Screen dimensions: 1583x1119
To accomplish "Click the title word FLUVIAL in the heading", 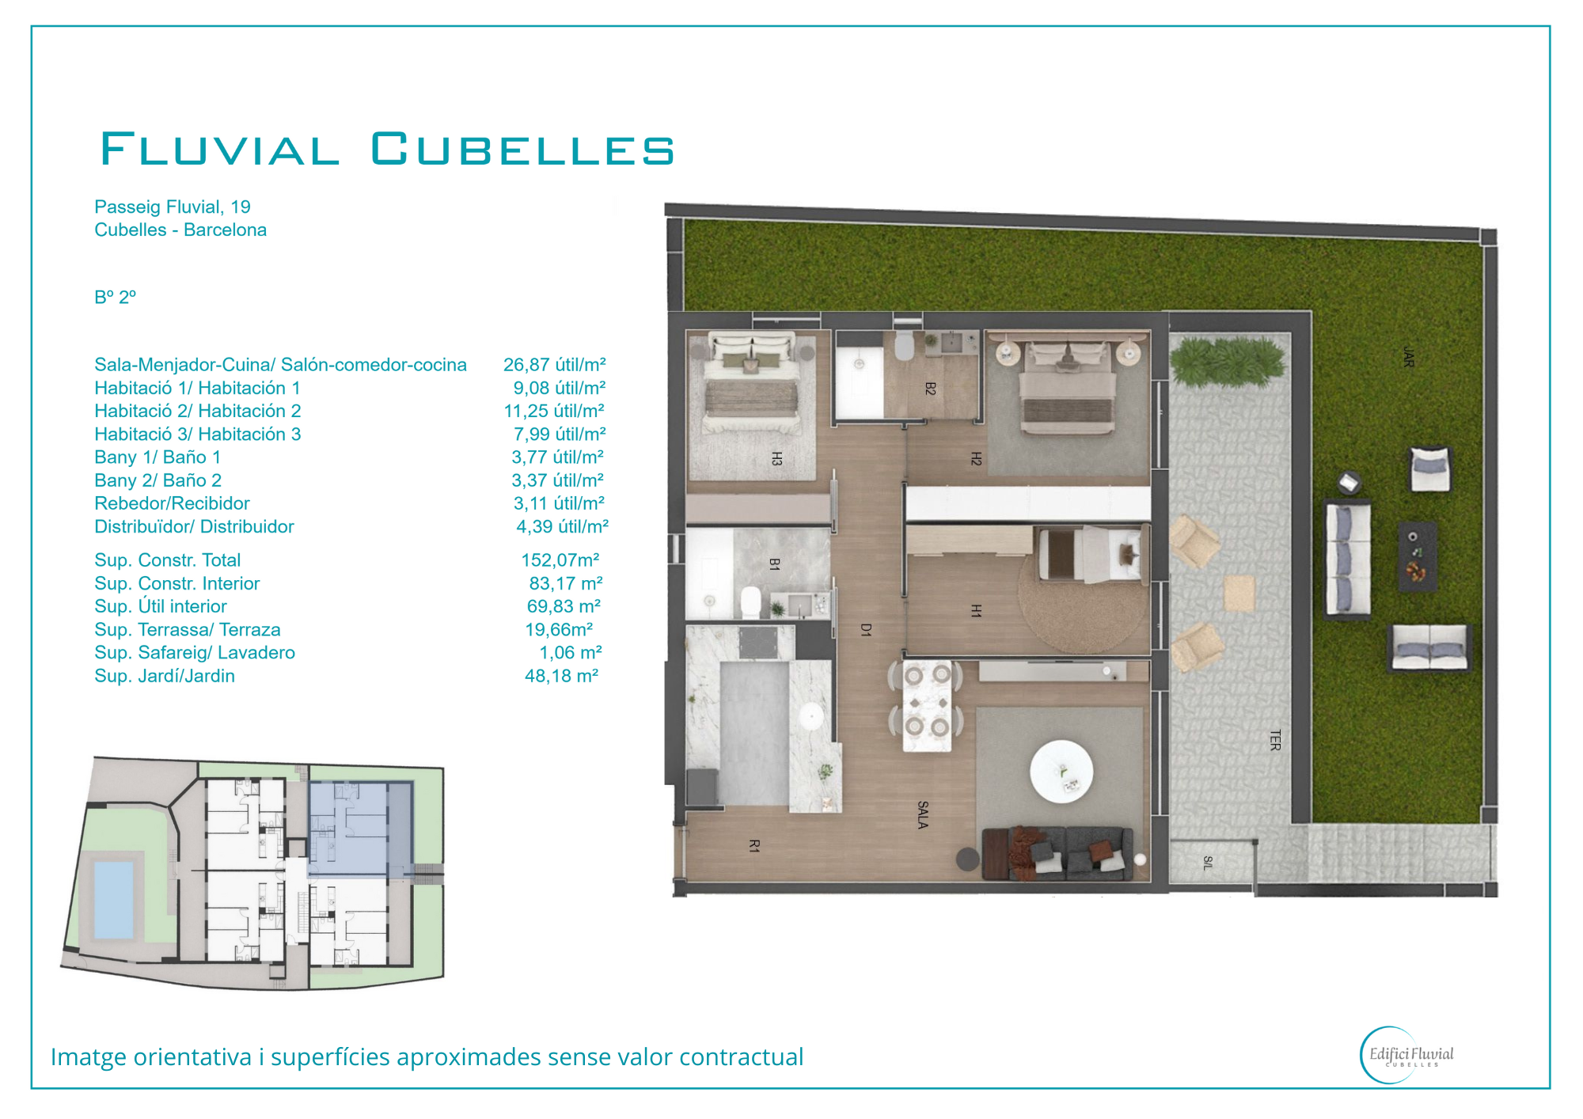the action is [x=220, y=149].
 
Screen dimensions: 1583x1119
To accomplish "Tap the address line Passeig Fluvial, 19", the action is [x=173, y=207].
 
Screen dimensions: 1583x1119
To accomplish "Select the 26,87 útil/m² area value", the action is [x=555, y=365].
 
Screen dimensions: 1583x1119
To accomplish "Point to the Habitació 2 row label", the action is [x=198, y=411].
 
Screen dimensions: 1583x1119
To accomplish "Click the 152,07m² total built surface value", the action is [x=560, y=560].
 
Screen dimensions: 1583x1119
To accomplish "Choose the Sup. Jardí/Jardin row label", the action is [x=165, y=676].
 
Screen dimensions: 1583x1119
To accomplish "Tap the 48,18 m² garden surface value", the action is [x=562, y=676].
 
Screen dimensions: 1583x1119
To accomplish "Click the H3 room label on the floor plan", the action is [x=777, y=458].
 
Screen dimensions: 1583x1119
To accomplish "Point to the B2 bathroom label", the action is [x=930, y=389].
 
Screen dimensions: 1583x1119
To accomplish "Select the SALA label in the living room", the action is [x=923, y=815].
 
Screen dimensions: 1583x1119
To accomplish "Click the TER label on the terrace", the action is [x=1274, y=740].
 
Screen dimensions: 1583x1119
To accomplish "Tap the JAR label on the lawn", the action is [x=1408, y=356].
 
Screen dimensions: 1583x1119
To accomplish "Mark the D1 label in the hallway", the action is [x=866, y=630].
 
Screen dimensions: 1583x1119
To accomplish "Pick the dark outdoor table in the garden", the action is [x=1418, y=556].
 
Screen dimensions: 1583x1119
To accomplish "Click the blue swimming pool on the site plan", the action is [x=114, y=900].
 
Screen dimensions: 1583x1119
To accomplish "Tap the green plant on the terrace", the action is [x=1228, y=361].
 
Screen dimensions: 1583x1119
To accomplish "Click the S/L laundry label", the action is [x=1207, y=863].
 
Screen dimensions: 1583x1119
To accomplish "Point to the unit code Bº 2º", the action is [x=116, y=297].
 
